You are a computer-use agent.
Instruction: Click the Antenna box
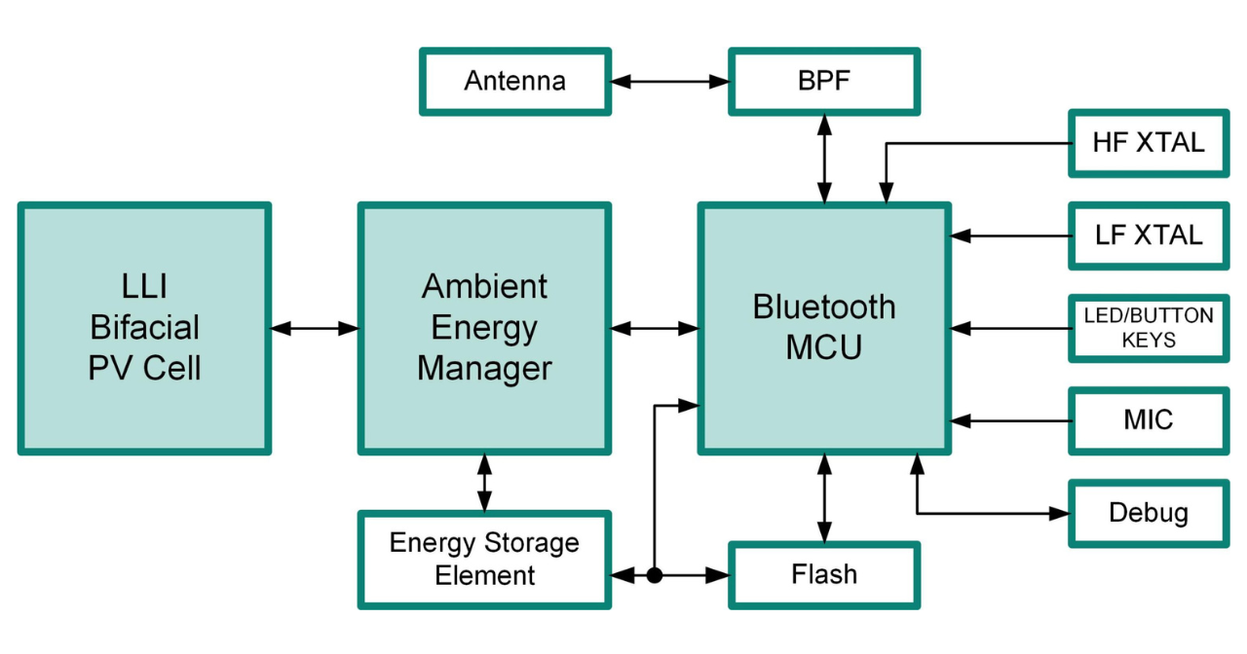pyautogui.click(x=514, y=81)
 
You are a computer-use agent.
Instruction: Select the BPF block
pyautogui.click(x=823, y=81)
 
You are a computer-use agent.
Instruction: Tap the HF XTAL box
pyautogui.click(x=1149, y=143)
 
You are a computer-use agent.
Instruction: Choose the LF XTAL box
pyautogui.click(x=1149, y=235)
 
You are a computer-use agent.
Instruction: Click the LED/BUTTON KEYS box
pyautogui.click(x=1149, y=328)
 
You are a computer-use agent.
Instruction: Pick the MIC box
pyautogui.click(x=1149, y=420)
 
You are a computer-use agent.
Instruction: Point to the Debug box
pyautogui.click(x=1149, y=513)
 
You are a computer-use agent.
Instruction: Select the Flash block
pyautogui.click(x=823, y=575)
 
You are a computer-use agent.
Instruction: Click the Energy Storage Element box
pyautogui.click(x=484, y=560)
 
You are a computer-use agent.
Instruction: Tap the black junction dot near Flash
pyautogui.click(x=655, y=575)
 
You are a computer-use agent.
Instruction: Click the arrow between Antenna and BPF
pyautogui.click(x=669, y=82)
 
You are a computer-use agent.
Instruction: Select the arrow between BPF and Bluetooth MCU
pyautogui.click(x=825, y=159)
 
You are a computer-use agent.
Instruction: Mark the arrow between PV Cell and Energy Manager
pyautogui.click(x=314, y=329)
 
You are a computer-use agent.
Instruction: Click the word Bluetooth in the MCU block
pyautogui.click(x=824, y=307)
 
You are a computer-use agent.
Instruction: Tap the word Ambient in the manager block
pyautogui.click(x=484, y=287)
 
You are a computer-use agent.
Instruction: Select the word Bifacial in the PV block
pyautogui.click(x=144, y=328)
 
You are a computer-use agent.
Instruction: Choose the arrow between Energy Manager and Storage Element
pyautogui.click(x=484, y=483)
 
